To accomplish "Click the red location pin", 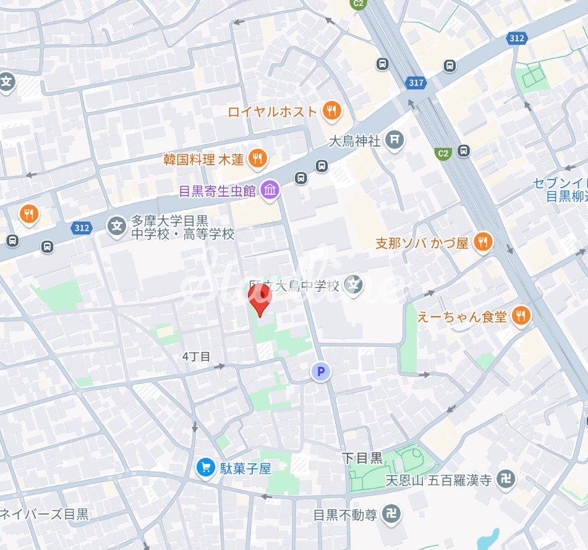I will [260, 299].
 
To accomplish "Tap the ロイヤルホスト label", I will [272, 112].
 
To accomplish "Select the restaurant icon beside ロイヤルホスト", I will [332, 111].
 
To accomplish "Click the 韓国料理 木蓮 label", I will [203, 160].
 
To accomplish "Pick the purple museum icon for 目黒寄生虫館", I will [270, 191].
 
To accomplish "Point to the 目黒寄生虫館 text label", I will [217, 191].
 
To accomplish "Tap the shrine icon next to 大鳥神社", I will [394, 141].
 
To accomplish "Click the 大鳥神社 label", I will [354, 142].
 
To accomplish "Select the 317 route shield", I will [417, 82].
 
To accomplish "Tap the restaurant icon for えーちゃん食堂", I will [522, 316].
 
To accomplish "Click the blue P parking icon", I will [320, 372].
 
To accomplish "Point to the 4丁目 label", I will [197, 356].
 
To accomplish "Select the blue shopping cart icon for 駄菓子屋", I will [205, 468].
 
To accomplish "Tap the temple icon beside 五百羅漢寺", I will [506, 479].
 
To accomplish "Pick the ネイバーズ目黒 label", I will [45, 514].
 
